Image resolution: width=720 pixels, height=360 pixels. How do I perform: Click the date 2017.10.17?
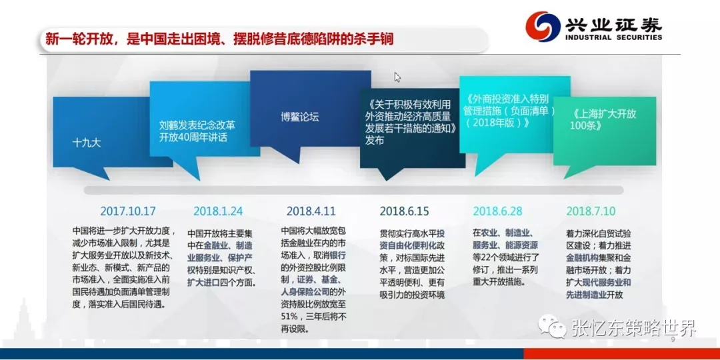pos(128,211)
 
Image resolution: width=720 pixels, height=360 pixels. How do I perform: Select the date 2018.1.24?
pos(218,211)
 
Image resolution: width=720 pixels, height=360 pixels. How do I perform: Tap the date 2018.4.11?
pos(311,211)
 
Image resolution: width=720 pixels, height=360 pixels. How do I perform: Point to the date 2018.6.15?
pos(404,211)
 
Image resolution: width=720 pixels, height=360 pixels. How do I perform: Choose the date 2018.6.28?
pos(498,211)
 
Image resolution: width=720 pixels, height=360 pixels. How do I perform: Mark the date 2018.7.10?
pos(591,211)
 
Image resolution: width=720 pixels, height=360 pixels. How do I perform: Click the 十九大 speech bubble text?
pos(86,143)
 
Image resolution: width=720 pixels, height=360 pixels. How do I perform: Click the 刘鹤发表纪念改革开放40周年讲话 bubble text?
pos(197,131)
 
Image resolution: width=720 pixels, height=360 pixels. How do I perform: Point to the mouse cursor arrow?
pos(397,77)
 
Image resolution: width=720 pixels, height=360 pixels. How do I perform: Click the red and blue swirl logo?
pos(542,26)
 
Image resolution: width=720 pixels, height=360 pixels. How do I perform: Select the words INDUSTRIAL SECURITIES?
pos(613,37)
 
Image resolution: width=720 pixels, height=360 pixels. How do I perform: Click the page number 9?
pos(673,340)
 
